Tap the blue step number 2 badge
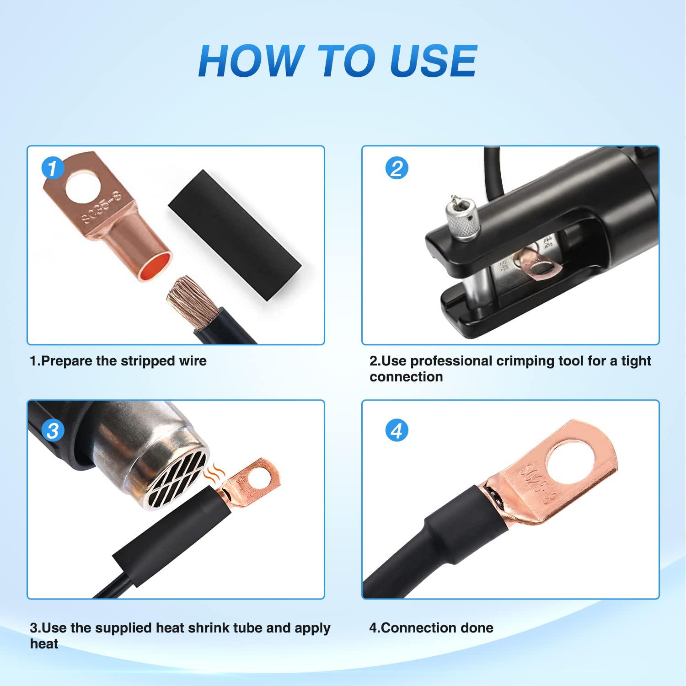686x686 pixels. pos(397,168)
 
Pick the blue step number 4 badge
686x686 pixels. pos(397,431)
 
